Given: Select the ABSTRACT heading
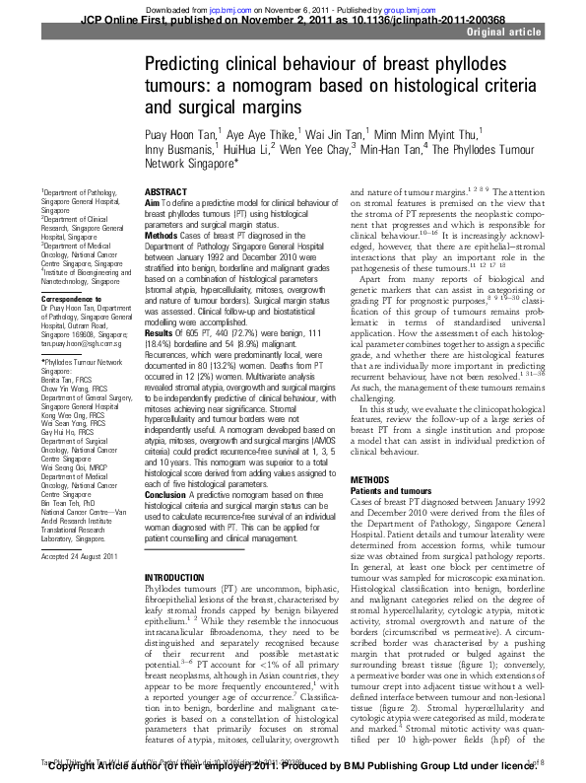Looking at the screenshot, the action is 164,191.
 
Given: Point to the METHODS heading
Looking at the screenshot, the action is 370,479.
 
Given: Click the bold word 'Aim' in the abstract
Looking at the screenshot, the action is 153,202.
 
